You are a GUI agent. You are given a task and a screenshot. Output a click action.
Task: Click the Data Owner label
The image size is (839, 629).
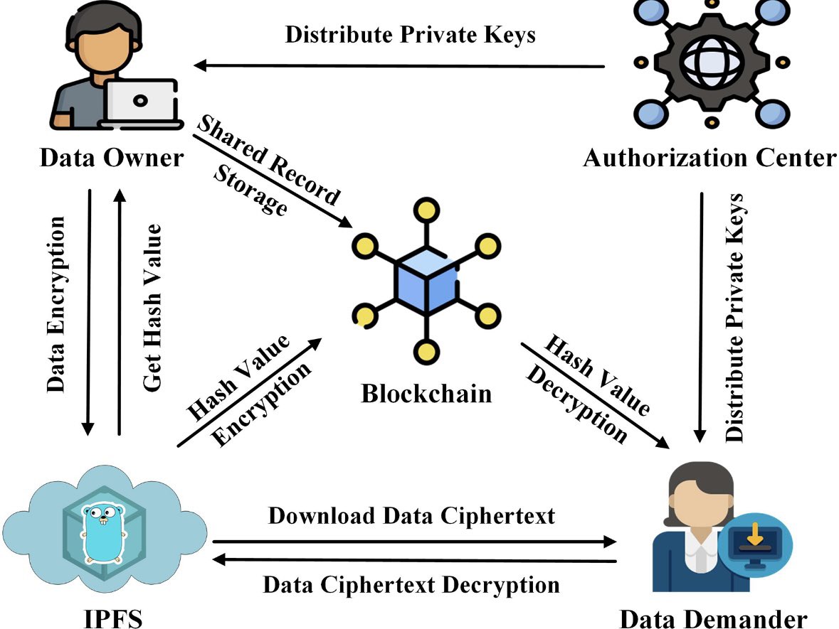pyautogui.click(x=111, y=157)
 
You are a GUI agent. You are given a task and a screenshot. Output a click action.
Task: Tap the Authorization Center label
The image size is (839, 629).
pyautogui.click(x=709, y=157)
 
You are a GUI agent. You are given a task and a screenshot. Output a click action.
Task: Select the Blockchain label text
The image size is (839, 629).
pyautogui.click(x=426, y=392)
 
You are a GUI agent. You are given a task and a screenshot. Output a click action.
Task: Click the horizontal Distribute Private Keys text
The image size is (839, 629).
pyautogui.click(x=411, y=34)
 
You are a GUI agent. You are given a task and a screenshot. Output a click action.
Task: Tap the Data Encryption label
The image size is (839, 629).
pyautogui.click(x=57, y=303)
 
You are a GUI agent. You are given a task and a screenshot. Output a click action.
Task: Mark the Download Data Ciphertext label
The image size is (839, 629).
pyautogui.click(x=411, y=516)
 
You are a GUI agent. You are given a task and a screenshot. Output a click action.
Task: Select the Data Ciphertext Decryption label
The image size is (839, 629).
pyautogui.click(x=411, y=585)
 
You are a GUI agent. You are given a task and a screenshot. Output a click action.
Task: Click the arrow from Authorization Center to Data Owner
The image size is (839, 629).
pyautogui.click(x=399, y=66)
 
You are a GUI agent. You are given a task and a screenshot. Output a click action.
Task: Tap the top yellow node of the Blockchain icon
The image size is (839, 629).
pyautogui.click(x=426, y=210)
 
